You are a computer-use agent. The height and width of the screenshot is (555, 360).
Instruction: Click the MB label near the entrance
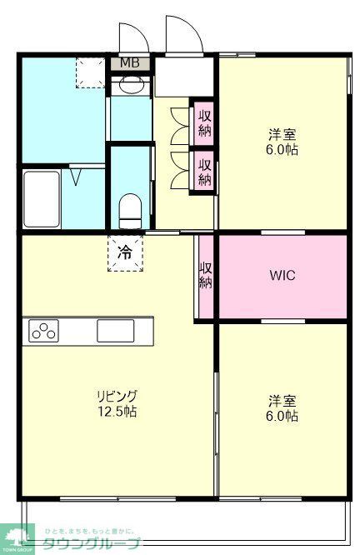click(130, 63)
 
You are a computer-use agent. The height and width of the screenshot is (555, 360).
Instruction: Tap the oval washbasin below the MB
click(131, 84)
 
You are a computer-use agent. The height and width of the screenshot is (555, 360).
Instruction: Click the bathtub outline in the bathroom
click(41, 198)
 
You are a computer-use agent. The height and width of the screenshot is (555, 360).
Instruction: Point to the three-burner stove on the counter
click(43, 331)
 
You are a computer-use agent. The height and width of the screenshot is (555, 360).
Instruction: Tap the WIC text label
click(282, 276)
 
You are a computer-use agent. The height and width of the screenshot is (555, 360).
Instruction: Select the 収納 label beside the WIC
click(205, 276)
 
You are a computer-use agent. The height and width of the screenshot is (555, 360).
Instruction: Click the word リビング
click(116, 396)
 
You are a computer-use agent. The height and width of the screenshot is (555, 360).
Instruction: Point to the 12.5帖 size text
click(116, 412)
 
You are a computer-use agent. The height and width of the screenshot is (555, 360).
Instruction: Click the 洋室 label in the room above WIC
click(282, 134)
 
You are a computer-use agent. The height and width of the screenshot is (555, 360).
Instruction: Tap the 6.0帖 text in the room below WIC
click(282, 416)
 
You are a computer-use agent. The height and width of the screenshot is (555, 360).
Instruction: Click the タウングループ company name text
click(102, 544)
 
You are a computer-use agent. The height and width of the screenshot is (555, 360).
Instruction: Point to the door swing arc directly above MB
click(132, 38)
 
